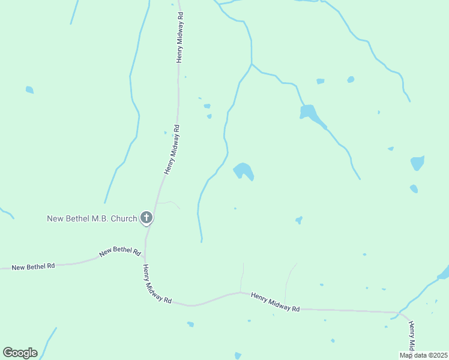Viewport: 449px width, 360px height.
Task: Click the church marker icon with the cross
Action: tap(146, 217)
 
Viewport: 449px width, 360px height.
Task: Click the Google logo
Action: tap(20, 353)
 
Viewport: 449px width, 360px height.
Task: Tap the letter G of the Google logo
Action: tap(8, 353)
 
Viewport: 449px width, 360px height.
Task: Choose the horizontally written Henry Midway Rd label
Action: tap(275, 301)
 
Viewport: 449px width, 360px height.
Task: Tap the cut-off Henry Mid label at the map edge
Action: tap(412, 336)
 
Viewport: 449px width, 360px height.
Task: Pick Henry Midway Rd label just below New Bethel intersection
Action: tap(157, 284)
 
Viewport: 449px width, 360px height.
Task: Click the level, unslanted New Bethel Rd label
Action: tap(33, 266)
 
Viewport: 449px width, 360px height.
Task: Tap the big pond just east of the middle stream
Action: tap(243, 170)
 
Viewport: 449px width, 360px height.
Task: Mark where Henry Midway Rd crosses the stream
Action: tap(398, 313)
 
